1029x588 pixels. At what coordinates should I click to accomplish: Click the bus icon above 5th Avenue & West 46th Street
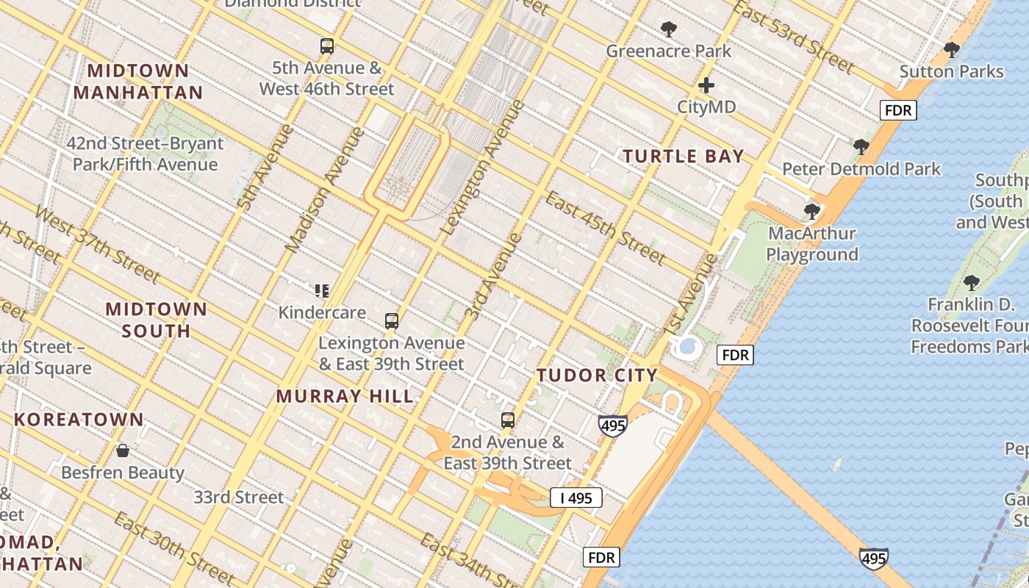[327, 46]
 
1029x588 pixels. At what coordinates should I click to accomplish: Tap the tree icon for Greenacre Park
[668, 29]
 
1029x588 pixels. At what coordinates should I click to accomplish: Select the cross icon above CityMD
[706, 85]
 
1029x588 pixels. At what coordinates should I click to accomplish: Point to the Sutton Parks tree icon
[951, 50]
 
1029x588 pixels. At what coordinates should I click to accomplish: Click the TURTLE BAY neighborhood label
[684, 156]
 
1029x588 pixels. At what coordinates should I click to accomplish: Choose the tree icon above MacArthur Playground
[811, 212]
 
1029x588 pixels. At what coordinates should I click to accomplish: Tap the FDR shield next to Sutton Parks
[898, 111]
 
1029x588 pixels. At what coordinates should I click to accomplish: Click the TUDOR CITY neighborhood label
[597, 376]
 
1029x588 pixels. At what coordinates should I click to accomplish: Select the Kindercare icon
[321, 291]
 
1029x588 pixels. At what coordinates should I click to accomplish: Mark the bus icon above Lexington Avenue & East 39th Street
[392, 321]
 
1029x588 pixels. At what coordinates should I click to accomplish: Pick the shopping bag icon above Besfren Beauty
[123, 450]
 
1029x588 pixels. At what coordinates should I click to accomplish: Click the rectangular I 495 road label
[576, 498]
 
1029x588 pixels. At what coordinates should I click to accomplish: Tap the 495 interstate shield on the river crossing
[873, 559]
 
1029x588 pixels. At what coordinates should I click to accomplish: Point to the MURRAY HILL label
[345, 396]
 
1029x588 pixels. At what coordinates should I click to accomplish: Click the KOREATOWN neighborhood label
[79, 420]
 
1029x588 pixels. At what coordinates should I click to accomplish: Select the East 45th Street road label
[606, 228]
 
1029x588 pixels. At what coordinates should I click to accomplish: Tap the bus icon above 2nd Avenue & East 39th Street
[507, 420]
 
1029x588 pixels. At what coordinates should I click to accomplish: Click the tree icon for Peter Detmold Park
[861, 147]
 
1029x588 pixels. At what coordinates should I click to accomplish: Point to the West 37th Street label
[96, 245]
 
